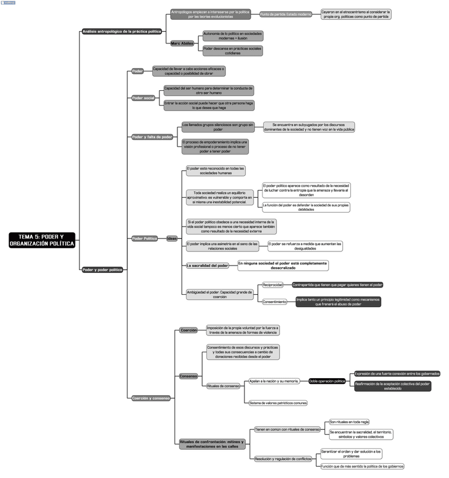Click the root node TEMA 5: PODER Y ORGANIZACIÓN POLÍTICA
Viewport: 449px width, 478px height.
tap(42, 240)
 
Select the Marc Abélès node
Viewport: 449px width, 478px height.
tap(182, 43)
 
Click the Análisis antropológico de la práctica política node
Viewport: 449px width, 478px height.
tap(122, 32)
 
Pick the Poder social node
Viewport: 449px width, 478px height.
tap(144, 98)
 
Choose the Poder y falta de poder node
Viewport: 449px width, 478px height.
tap(152, 137)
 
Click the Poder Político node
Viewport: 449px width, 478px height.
tap(145, 238)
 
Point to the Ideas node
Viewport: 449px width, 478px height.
tap(172, 238)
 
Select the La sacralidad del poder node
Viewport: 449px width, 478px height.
tap(207, 265)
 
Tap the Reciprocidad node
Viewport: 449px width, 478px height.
tap(273, 285)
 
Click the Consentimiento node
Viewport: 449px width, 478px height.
tap(275, 302)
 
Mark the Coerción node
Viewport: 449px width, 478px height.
tap(189, 330)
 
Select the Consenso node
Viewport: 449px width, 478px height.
tap(188, 376)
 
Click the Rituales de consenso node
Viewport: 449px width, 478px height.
tap(224, 386)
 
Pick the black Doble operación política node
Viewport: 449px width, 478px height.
tap(327, 381)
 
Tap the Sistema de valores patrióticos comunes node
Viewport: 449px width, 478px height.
tap(278, 403)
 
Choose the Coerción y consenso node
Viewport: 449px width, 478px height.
tap(150, 398)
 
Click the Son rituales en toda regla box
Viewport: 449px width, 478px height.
tap(349, 422)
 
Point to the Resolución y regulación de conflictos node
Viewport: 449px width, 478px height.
tap(283, 459)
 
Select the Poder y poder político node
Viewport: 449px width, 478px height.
tap(102, 269)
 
